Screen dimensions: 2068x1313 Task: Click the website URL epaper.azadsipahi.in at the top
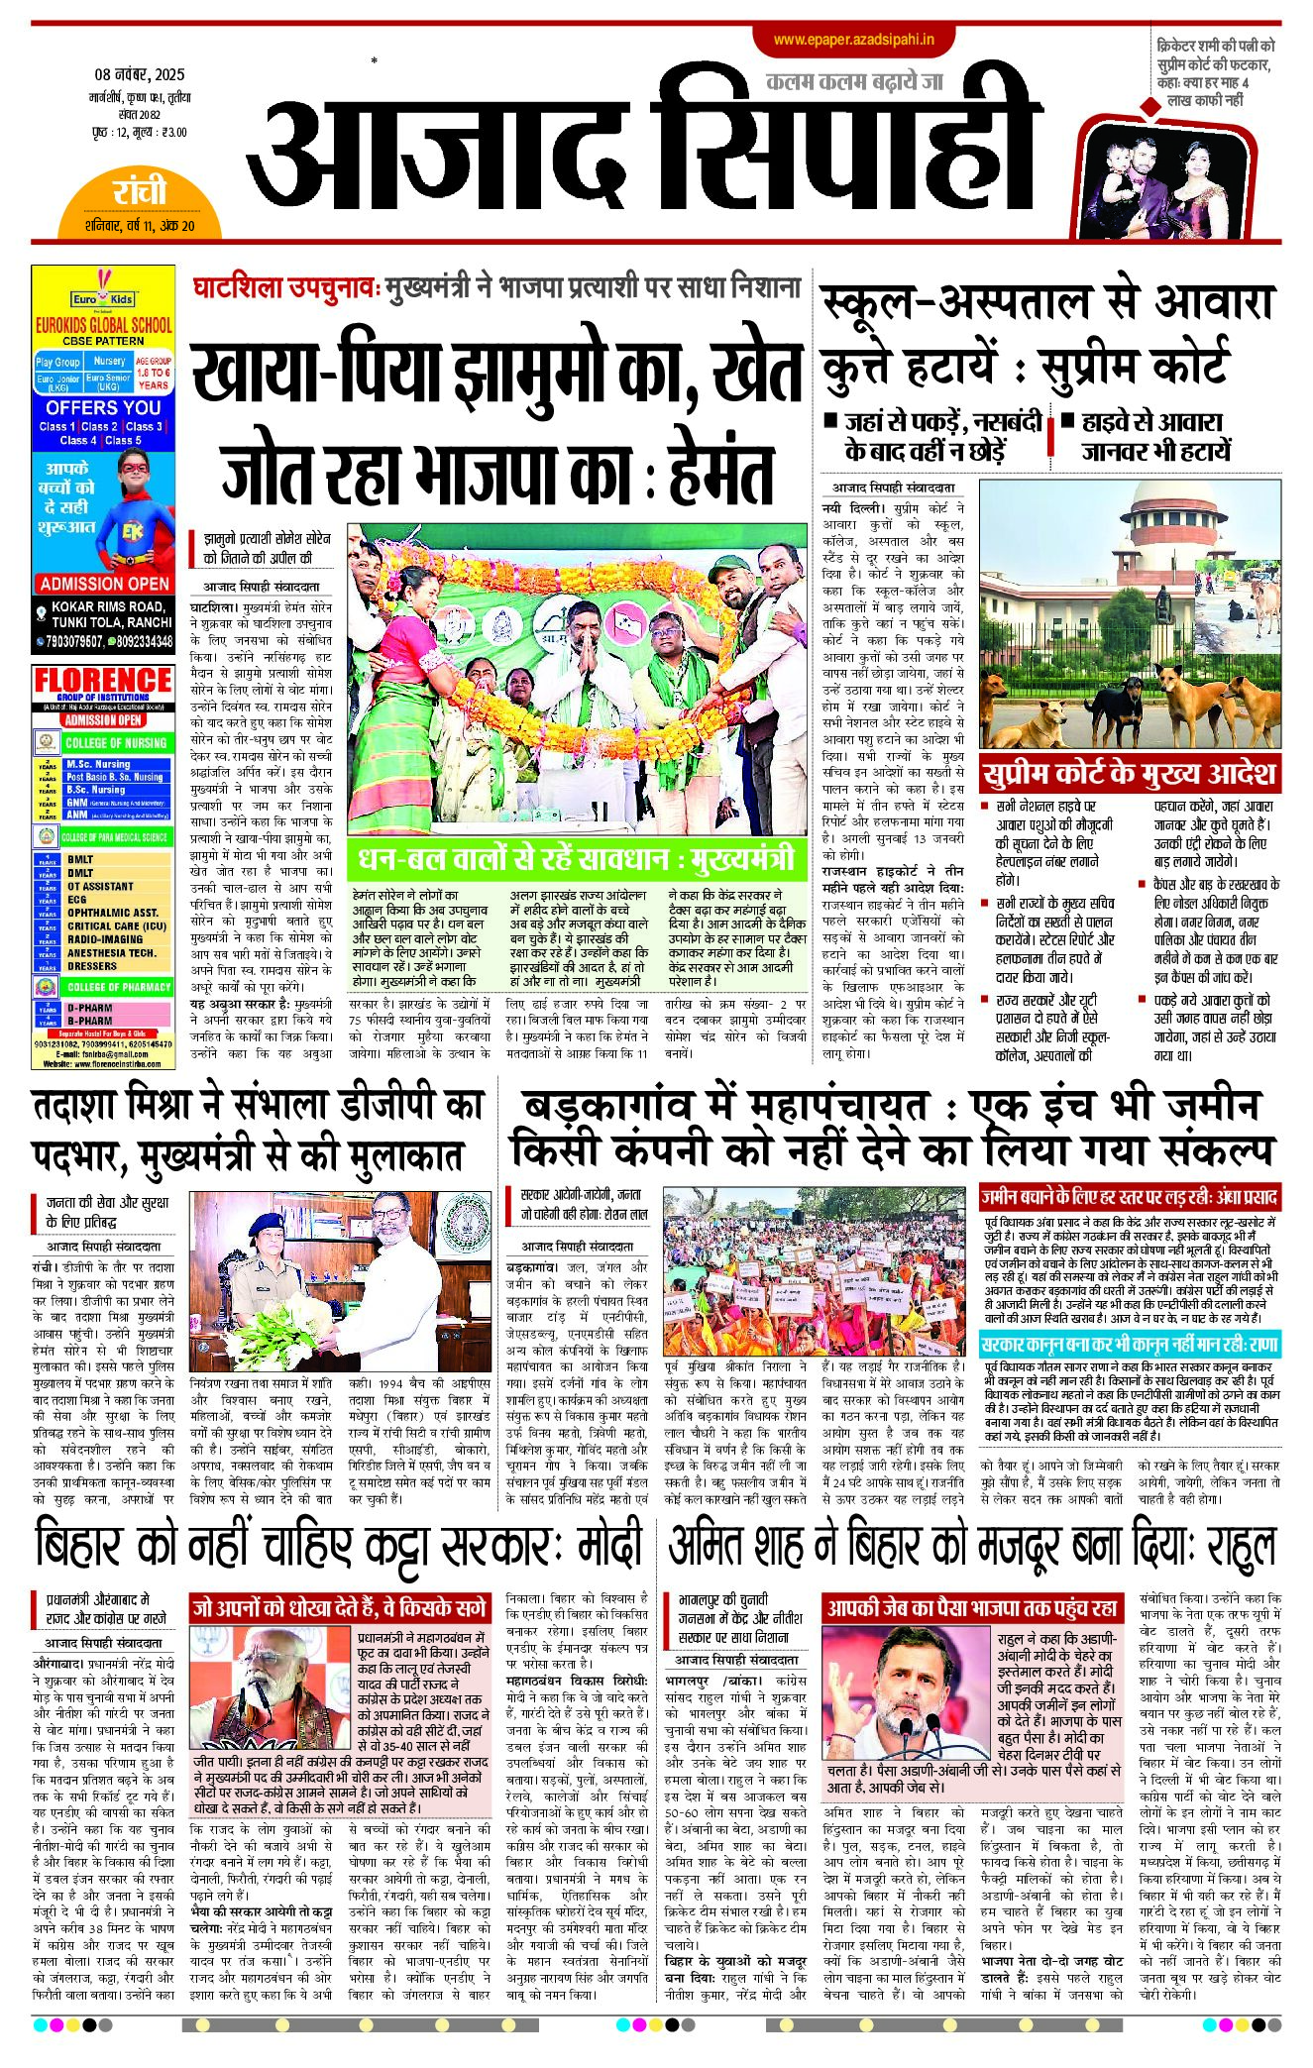pyautogui.click(x=853, y=40)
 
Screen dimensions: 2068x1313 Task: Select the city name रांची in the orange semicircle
pyautogui.click(x=139, y=191)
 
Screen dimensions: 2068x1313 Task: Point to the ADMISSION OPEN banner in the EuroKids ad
pyautogui.click(x=104, y=584)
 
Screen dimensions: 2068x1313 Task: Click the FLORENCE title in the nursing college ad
pyautogui.click(x=103, y=680)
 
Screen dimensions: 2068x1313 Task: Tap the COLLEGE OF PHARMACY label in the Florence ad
pyautogui.click(x=118, y=987)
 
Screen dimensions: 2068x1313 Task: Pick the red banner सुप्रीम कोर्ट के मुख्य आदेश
pyautogui.click(x=1129, y=774)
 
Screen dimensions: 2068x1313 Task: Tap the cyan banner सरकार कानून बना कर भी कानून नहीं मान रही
pyautogui.click(x=1129, y=1346)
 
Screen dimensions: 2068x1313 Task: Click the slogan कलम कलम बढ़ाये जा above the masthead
pyautogui.click(x=854, y=82)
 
